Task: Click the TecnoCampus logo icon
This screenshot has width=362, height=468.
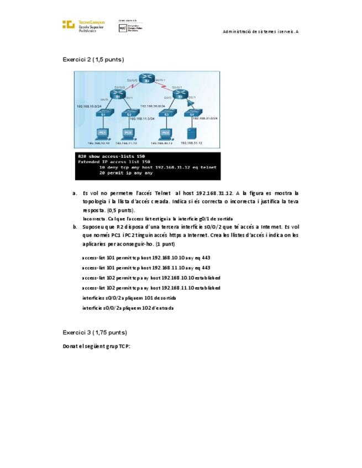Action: (x=68, y=24)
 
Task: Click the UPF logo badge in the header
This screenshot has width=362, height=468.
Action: (x=123, y=28)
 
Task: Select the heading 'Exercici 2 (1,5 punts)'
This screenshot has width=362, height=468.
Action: (x=93, y=59)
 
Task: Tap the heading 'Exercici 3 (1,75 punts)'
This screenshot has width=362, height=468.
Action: (x=95, y=332)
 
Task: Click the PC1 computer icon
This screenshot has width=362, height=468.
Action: (x=102, y=133)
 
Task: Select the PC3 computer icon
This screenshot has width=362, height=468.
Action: (x=165, y=133)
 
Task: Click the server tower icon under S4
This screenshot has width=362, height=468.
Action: (x=192, y=133)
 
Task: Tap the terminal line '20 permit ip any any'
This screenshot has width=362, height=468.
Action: (x=126, y=173)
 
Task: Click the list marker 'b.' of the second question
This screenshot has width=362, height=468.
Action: (x=75, y=227)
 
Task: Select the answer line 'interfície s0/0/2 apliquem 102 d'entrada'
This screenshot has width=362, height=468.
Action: (x=128, y=308)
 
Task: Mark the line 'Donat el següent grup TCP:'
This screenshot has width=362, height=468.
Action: (x=97, y=347)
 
